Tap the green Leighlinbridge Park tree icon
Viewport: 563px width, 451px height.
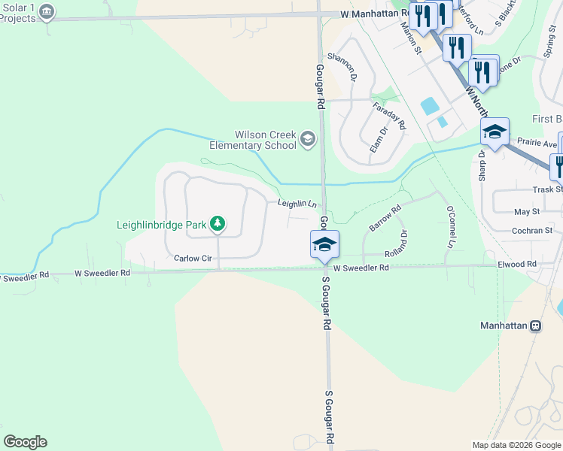218,223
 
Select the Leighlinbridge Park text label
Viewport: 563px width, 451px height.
162,224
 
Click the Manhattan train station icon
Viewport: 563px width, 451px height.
535,326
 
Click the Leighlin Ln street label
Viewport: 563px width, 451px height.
296,203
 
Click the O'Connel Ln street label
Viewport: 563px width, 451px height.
451,228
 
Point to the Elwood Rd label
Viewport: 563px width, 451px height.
516,264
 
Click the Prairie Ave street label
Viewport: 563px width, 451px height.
537,144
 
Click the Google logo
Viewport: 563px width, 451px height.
25,442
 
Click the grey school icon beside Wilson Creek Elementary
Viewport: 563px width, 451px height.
307,139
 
